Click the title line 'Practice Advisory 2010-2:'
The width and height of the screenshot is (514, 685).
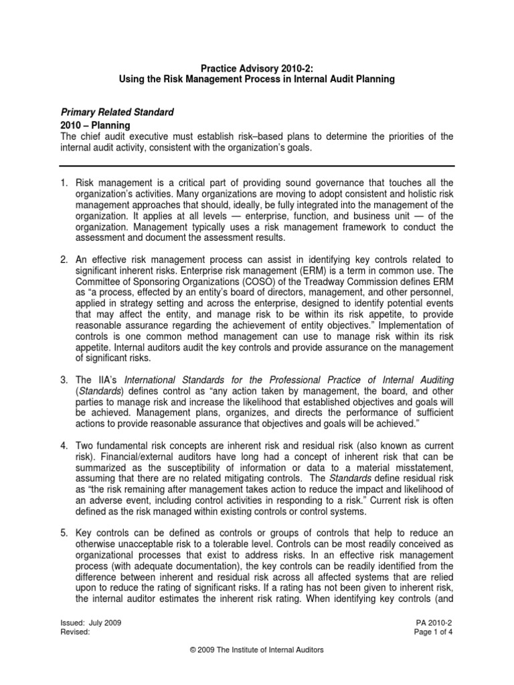tap(256, 68)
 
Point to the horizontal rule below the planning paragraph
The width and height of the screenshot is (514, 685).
tap(256, 166)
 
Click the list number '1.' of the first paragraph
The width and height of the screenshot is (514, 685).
tap(64, 183)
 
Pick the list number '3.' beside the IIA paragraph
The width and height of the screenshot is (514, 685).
tap(64, 381)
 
